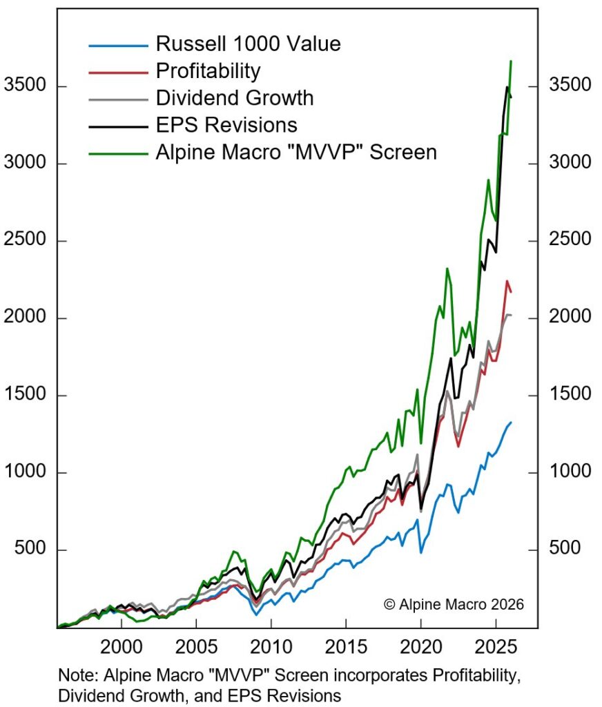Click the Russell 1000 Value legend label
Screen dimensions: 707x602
(248, 44)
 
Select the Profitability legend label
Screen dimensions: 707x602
(208, 70)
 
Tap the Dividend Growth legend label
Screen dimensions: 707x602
(235, 97)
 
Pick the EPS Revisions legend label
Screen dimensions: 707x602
(226, 124)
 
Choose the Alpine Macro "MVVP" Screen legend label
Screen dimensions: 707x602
(296, 151)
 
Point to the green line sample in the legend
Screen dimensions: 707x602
(118, 152)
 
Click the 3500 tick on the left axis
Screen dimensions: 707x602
(24, 86)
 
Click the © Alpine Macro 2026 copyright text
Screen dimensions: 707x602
(454, 603)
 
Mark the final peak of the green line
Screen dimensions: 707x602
(511, 61)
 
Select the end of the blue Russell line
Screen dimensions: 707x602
(512, 422)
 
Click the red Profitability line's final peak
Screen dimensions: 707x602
(507, 281)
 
